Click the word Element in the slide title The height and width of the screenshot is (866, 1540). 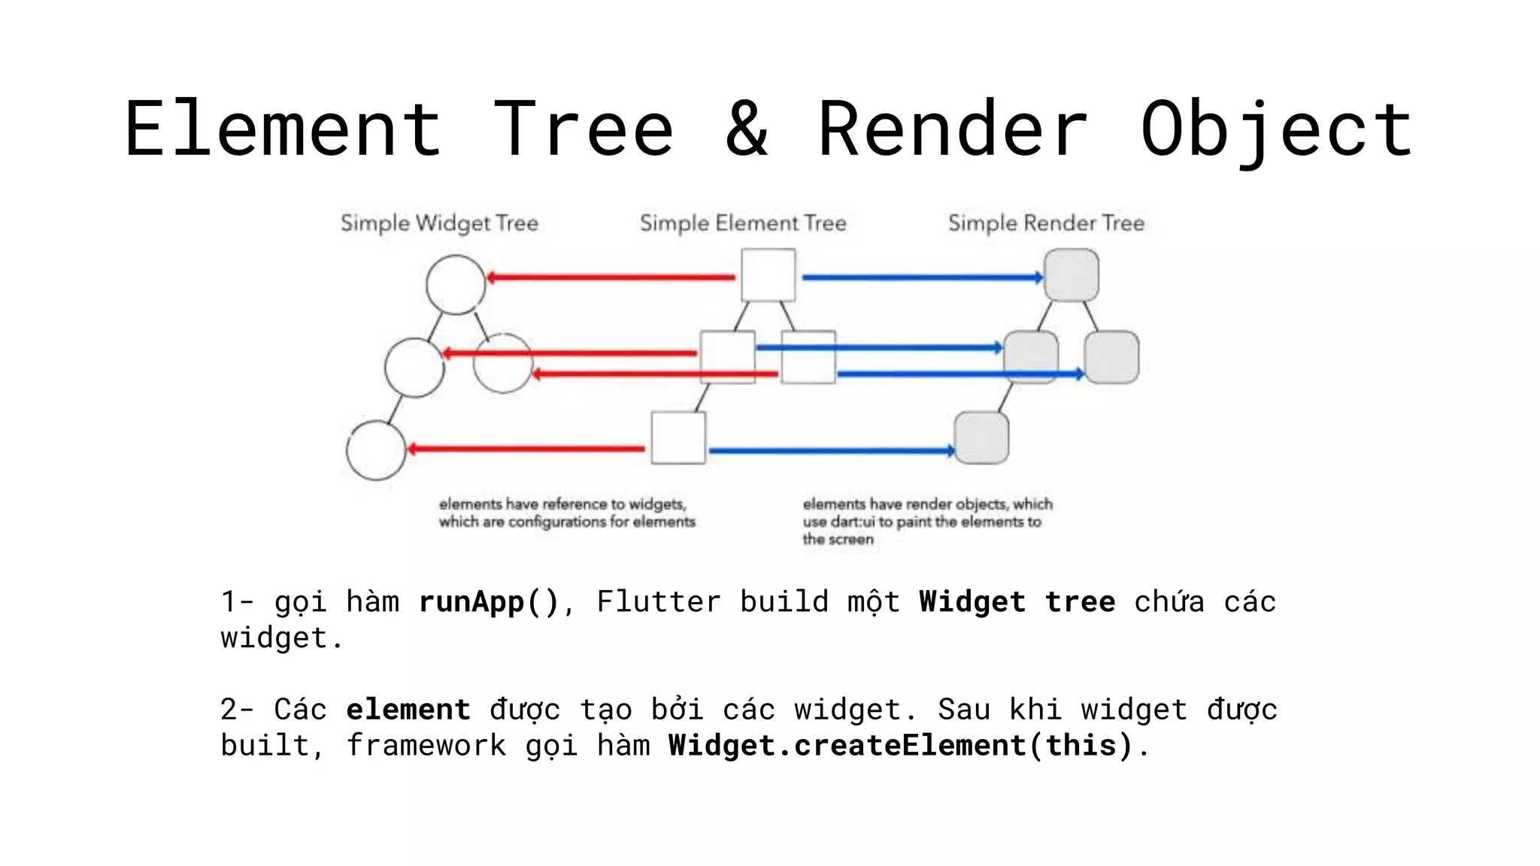point(283,129)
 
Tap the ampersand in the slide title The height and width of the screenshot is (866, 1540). point(746,129)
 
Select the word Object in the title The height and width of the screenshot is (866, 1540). point(1276,129)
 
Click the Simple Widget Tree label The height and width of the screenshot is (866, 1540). point(439,223)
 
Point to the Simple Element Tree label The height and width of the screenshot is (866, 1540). point(743,223)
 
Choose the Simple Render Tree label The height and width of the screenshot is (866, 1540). point(1046,223)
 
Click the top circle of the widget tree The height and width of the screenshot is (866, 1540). point(456,285)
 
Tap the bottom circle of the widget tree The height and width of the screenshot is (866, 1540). point(376,450)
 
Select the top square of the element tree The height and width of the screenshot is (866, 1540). point(768,275)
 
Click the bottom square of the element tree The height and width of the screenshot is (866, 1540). point(678,438)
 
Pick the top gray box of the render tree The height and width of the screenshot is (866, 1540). point(1072,275)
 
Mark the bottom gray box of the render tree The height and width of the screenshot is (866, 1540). point(981,438)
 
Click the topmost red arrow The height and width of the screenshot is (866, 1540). point(611,277)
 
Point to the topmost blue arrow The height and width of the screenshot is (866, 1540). point(923,277)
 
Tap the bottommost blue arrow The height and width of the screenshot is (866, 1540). point(831,451)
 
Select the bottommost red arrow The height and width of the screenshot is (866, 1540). point(526,450)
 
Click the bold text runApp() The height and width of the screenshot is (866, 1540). point(489,602)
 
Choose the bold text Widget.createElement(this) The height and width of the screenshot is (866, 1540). point(900,746)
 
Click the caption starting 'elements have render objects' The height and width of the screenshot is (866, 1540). point(926,521)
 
